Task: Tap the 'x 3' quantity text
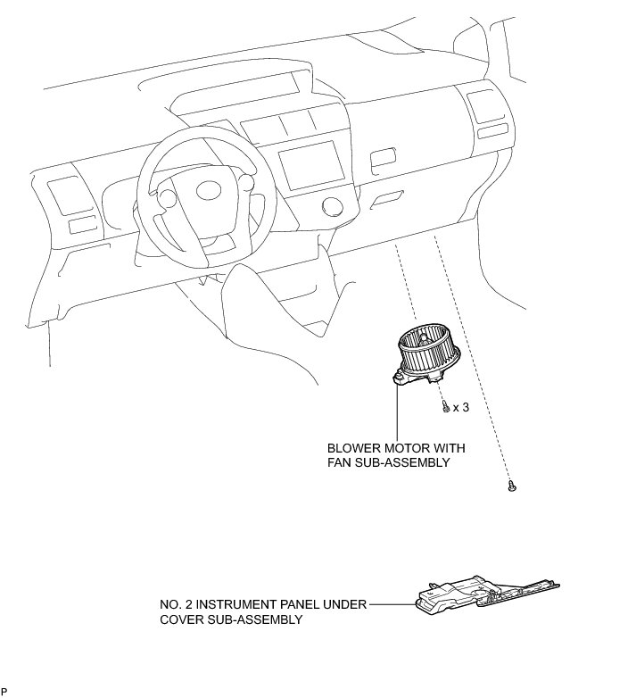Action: (x=461, y=408)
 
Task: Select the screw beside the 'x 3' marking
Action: (x=444, y=406)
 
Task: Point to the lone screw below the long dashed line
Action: (x=512, y=486)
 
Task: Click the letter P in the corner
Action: (x=4, y=692)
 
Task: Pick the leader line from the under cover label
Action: (x=392, y=605)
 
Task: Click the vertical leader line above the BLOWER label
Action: (x=395, y=411)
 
